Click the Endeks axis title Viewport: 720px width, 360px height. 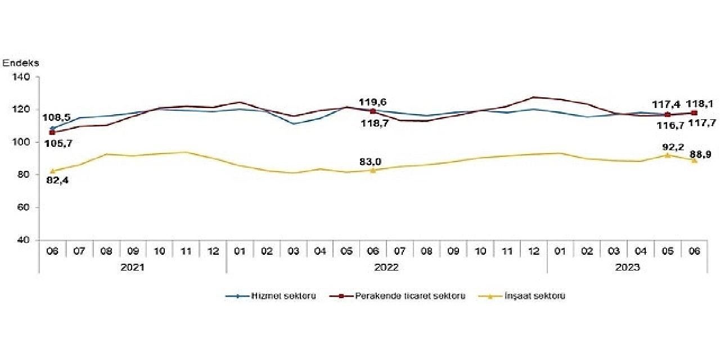pyautogui.click(x=21, y=63)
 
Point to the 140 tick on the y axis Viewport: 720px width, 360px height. pyautogui.click(x=25, y=77)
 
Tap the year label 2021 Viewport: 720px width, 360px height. pyautogui.click(x=132, y=268)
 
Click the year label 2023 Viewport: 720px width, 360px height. pyautogui.click(x=627, y=268)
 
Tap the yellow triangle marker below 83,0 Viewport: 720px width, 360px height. pyautogui.click(x=372, y=170)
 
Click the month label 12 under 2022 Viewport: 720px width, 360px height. pyautogui.click(x=533, y=251)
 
